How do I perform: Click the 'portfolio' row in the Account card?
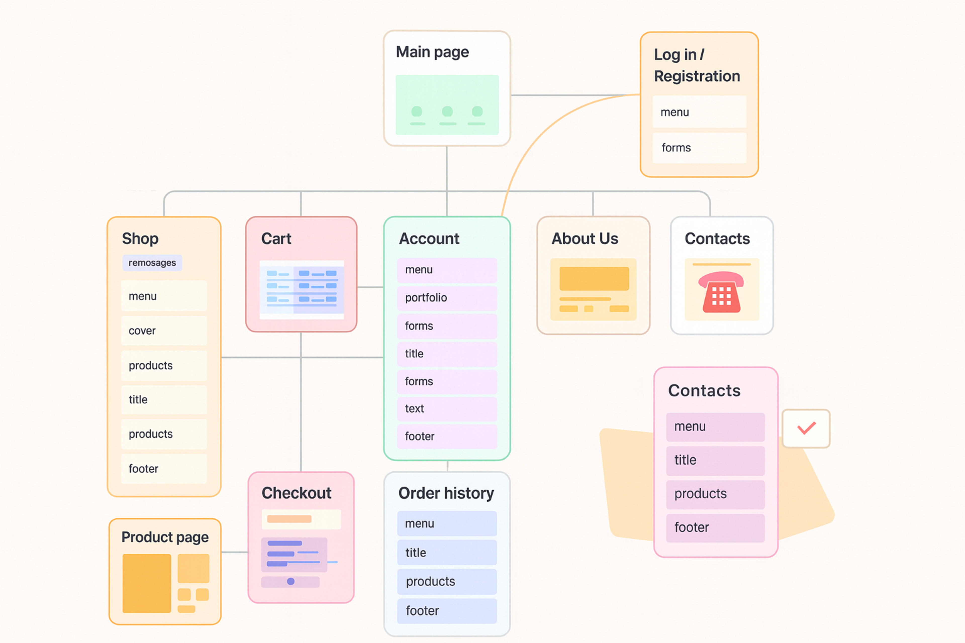click(x=447, y=298)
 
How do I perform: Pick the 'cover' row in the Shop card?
click(x=164, y=331)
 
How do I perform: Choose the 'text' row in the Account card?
click(x=447, y=409)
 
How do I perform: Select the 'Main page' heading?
click(x=432, y=52)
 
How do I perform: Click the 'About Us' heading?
click(x=585, y=239)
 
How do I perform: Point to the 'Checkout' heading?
click(x=296, y=493)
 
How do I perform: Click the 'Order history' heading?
click(x=446, y=493)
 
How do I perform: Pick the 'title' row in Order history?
click(x=447, y=553)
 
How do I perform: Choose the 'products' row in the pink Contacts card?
click(x=715, y=494)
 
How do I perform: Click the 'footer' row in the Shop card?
click(x=164, y=469)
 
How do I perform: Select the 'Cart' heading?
click(x=276, y=239)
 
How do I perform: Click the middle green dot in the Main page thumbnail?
click(x=447, y=112)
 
